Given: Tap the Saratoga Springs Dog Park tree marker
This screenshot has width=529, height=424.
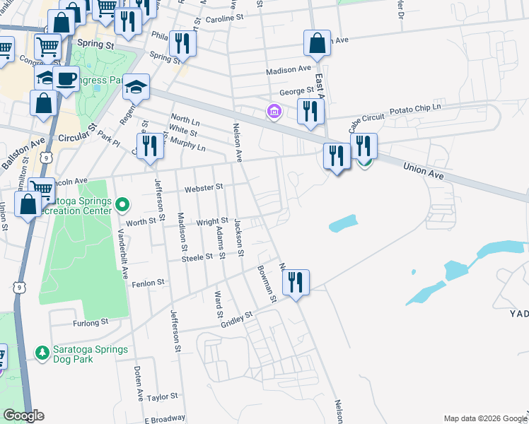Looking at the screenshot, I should click(x=42, y=351).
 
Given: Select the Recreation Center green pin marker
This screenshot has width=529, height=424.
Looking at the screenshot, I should click(x=122, y=205).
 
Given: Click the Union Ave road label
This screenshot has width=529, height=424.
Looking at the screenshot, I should click(x=428, y=171).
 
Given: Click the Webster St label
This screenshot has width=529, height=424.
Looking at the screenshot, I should click(x=204, y=187).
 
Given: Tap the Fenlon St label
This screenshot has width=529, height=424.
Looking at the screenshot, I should click(x=149, y=281).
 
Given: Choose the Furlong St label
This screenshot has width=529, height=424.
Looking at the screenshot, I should click(x=91, y=322).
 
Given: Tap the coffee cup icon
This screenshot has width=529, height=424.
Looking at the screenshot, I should click(x=66, y=78).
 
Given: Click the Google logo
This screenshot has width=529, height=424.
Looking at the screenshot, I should click(x=23, y=416).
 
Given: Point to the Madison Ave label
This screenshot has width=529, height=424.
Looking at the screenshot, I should click(x=289, y=70).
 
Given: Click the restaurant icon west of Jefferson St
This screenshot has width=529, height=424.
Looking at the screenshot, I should click(x=149, y=146).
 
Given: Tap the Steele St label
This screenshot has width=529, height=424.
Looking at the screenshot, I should click(x=197, y=258).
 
